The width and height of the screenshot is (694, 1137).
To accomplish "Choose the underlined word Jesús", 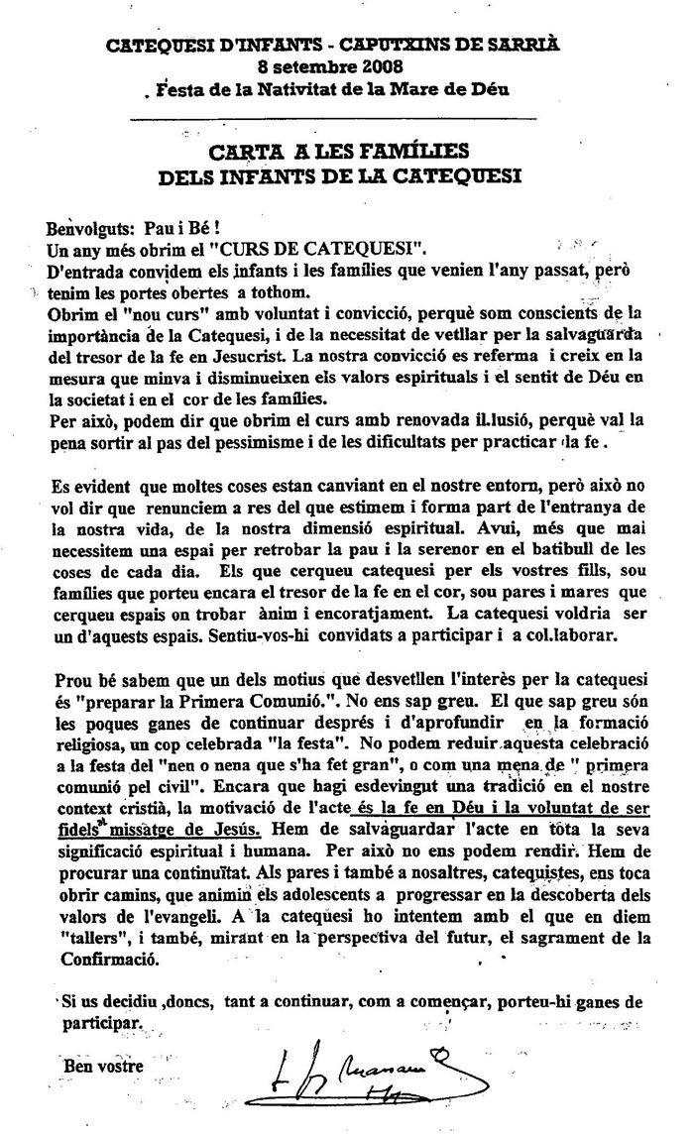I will [x=231, y=826].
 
